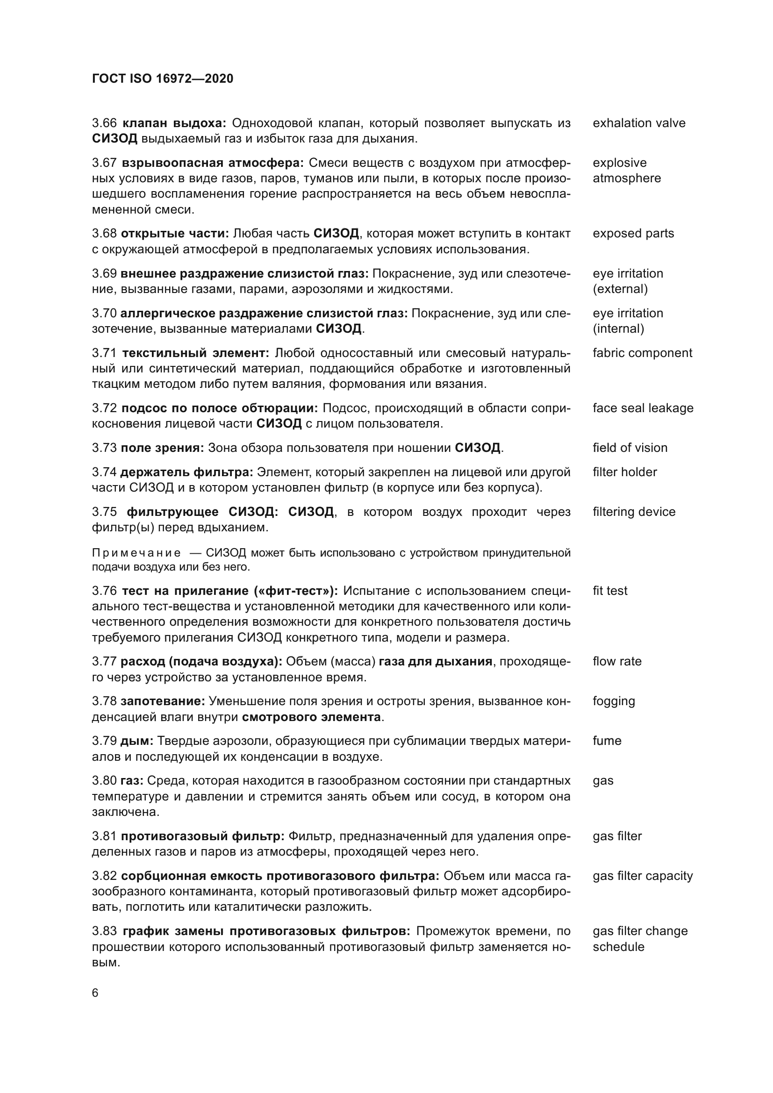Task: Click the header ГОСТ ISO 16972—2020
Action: coord(162,79)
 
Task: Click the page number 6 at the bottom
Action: coord(95,993)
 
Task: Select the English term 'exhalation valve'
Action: coord(639,123)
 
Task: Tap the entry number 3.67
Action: coord(104,163)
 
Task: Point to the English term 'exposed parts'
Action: coord(633,234)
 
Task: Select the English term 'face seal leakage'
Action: coord(643,408)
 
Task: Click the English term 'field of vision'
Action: coord(630,448)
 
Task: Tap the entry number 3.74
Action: coord(104,472)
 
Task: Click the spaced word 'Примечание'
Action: coord(136,553)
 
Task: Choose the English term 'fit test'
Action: coord(610,591)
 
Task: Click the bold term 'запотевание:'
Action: coord(163,702)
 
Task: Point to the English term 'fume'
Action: coord(607,741)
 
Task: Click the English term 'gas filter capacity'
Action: coord(643,876)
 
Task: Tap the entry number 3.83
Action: coord(104,931)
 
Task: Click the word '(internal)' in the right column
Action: coord(618,329)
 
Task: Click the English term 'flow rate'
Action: coord(617,662)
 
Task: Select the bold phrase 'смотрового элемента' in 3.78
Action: coord(311,717)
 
